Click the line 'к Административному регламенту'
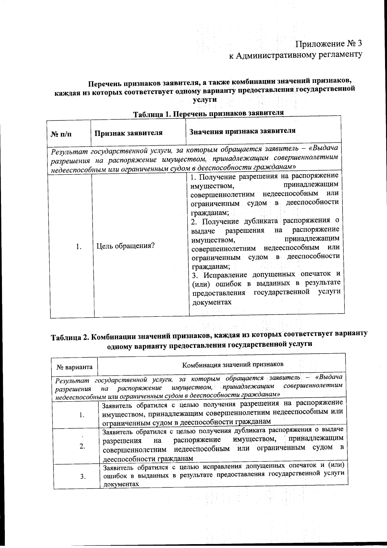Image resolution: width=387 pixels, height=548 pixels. [x=295, y=55]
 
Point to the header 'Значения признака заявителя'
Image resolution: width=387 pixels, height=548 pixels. [x=242, y=131]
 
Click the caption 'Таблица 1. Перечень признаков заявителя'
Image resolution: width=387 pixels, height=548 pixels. [x=209, y=113]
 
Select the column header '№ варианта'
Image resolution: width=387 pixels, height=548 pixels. [x=75, y=367]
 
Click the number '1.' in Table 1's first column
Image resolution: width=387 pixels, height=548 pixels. [x=78, y=247]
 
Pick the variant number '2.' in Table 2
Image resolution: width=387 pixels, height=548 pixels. [x=83, y=446]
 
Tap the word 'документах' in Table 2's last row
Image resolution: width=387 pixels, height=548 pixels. [x=121, y=484]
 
